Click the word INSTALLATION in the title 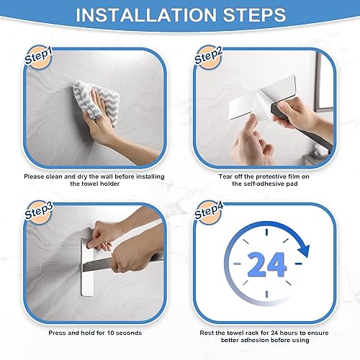[x=146, y=15]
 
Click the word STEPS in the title [x=254, y=15]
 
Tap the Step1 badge [x=38, y=57]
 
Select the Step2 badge [x=208, y=57]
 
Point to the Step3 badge [x=38, y=212]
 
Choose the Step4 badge [x=209, y=212]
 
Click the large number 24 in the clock [x=267, y=264]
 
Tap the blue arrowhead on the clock [x=304, y=250]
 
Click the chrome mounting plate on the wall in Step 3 [x=87, y=267]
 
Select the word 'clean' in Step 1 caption [x=54, y=176]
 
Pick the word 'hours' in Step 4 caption [x=289, y=333]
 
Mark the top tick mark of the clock [x=266, y=232]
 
